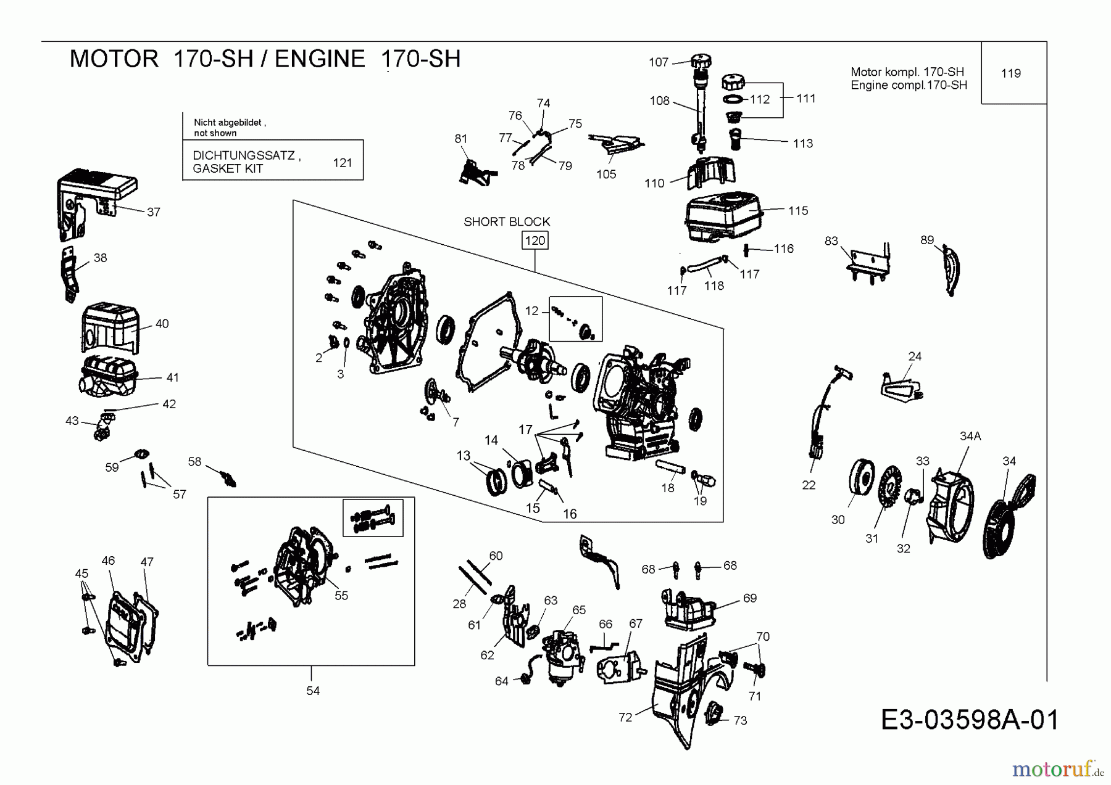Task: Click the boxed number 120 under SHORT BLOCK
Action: (x=535, y=240)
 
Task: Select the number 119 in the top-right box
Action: (x=1010, y=73)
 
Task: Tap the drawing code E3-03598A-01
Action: (x=970, y=720)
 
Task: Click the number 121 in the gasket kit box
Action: (x=342, y=163)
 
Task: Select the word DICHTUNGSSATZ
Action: (x=244, y=155)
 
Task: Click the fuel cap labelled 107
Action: (x=701, y=62)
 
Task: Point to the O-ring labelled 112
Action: (x=733, y=99)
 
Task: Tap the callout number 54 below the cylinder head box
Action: (x=313, y=691)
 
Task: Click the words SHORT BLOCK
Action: (x=506, y=221)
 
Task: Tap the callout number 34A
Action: (x=970, y=436)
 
